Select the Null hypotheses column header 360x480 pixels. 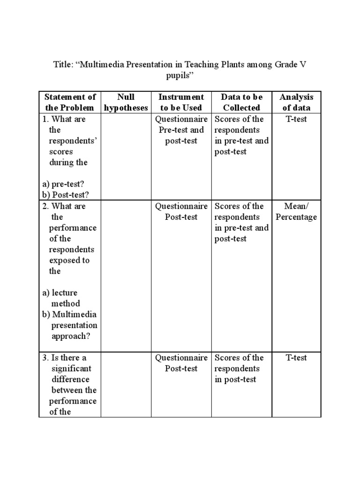pyautogui.click(x=126, y=102)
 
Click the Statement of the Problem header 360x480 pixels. pyautogui.click(x=70, y=102)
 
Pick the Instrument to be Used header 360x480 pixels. pyautogui.click(x=181, y=102)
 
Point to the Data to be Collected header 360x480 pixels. pyautogui.click(x=241, y=102)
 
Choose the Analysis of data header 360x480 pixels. pyautogui.click(x=296, y=102)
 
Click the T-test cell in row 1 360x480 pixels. pyautogui.click(x=296, y=119)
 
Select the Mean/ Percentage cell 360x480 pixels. pyautogui.click(x=296, y=211)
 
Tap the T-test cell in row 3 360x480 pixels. pyautogui.click(x=296, y=358)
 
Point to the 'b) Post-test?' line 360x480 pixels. pyautogui.click(x=66, y=195)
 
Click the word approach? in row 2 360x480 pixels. pyautogui.click(x=72, y=336)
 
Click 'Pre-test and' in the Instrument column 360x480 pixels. pyautogui.click(x=181, y=130)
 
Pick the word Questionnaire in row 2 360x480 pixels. pyautogui.click(x=181, y=206)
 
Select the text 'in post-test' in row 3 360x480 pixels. pyautogui.click(x=235, y=379)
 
